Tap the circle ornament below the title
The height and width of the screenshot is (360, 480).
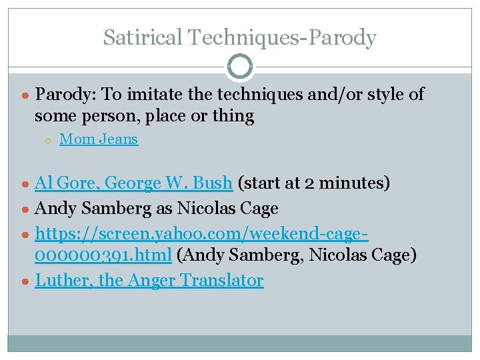(240, 66)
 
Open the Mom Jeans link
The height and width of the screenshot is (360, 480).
(99, 139)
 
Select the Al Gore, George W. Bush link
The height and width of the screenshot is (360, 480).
(133, 183)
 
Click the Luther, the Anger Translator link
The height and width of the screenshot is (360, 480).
(149, 281)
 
